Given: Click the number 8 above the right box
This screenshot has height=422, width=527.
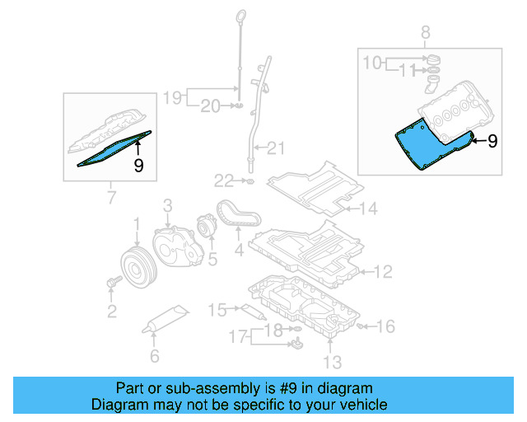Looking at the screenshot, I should [x=426, y=33].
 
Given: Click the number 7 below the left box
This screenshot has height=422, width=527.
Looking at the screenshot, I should [x=111, y=198].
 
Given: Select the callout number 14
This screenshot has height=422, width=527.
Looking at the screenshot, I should [x=367, y=209].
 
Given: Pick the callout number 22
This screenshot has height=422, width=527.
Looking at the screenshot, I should [x=224, y=180].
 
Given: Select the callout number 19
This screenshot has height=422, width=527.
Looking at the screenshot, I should [x=172, y=97].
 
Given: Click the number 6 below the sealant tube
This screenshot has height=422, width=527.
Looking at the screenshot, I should [x=153, y=357].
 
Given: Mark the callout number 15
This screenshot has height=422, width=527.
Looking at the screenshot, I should [x=217, y=310].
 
